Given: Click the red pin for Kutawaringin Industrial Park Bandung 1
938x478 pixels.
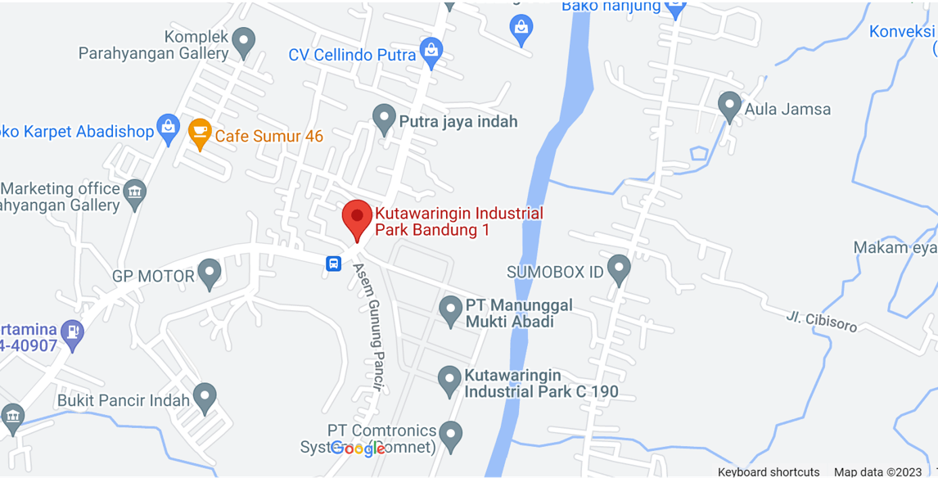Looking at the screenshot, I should tap(357, 218).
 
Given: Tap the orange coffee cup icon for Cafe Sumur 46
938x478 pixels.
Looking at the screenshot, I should tap(200, 133).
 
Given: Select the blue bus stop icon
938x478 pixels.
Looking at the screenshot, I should tap(334, 264).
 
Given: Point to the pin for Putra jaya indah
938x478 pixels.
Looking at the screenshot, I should tap(384, 119).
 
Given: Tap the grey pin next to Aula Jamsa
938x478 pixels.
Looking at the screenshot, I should tap(729, 106).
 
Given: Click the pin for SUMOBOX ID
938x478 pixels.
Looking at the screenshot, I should tap(620, 269).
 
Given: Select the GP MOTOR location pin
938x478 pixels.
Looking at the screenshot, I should tap(210, 273).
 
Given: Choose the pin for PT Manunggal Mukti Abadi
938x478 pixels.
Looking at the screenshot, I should tap(450, 310).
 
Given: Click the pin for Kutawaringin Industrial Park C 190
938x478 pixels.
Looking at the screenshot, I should tap(449, 381).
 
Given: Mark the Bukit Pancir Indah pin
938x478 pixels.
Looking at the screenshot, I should tap(205, 398).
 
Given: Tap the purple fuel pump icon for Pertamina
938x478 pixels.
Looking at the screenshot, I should tap(73, 333).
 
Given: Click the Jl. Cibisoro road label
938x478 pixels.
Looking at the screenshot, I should tap(822, 322).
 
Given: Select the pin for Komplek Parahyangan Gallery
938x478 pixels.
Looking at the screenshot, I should tap(243, 42).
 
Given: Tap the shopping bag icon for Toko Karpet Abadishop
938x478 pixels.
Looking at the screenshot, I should tap(169, 129).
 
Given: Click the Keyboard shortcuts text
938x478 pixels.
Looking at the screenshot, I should tap(768, 471).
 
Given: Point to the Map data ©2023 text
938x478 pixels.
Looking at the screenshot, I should tap(877, 471).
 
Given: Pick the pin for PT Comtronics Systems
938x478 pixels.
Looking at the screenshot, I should tap(450, 435).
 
